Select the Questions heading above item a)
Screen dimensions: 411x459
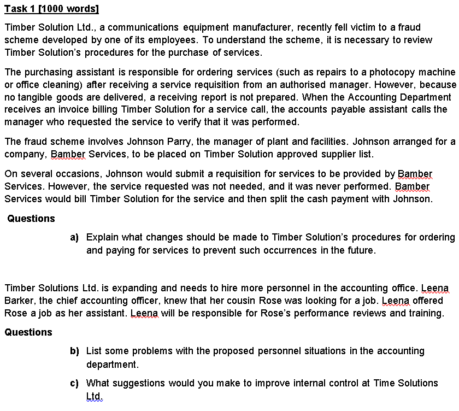[31, 219]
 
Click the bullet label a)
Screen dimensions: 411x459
[75, 238]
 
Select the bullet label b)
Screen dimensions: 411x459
[75, 351]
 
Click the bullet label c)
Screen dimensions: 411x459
[75, 383]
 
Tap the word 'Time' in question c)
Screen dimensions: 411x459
[385, 383]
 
